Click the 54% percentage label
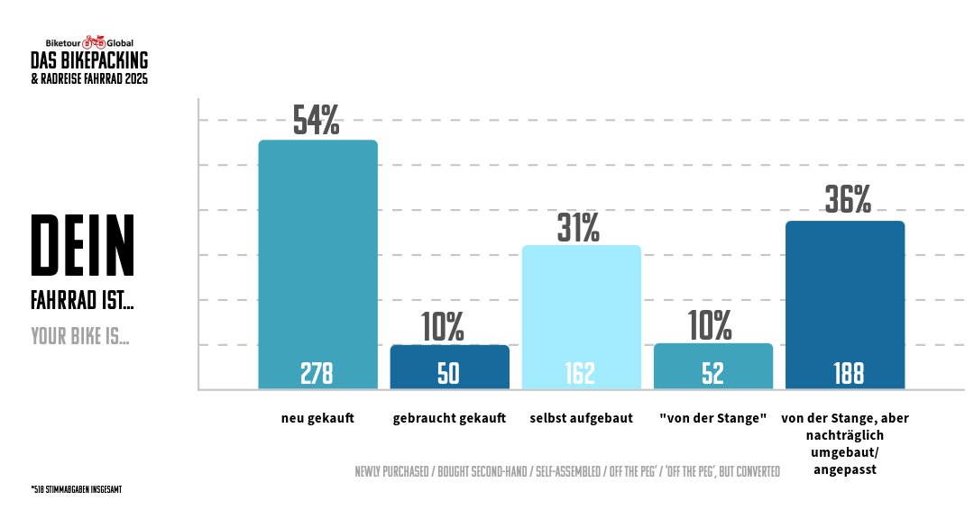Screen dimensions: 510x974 click(x=317, y=121)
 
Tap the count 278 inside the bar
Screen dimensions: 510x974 click(x=317, y=374)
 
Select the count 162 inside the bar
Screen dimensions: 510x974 click(x=581, y=374)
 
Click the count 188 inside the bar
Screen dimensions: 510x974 click(x=849, y=374)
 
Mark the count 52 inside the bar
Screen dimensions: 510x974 click(x=712, y=374)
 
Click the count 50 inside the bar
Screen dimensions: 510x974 click(x=448, y=374)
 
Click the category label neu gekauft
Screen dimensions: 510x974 click(x=317, y=418)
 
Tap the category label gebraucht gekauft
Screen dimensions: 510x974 click(x=449, y=418)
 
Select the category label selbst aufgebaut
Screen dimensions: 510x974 click(x=582, y=418)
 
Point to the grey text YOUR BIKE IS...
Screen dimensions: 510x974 click(x=79, y=337)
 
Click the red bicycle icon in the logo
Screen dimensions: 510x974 click(x=94, y=42)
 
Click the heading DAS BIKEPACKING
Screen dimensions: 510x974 click(x=89, y=60)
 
